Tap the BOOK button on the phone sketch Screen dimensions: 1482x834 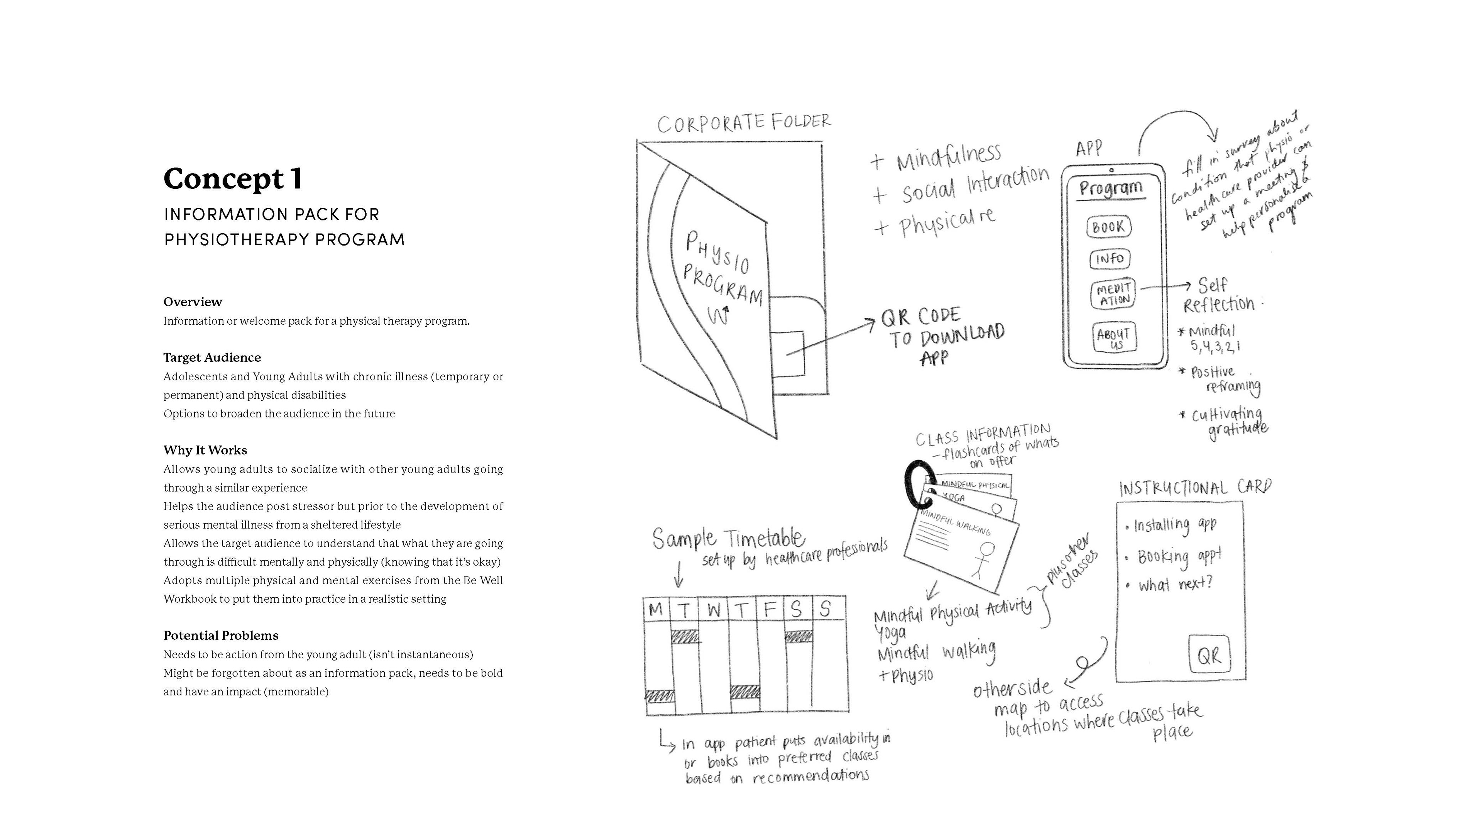click(1109, 227)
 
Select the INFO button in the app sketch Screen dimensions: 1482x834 click(1110, 259)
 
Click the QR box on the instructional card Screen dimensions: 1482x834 click(1209, 655)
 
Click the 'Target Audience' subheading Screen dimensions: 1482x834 click(212, 358)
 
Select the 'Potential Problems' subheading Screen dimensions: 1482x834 click(221, 636)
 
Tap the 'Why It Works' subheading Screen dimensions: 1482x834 click(205, 450)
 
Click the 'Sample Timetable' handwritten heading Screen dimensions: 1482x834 click(728, 538)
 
